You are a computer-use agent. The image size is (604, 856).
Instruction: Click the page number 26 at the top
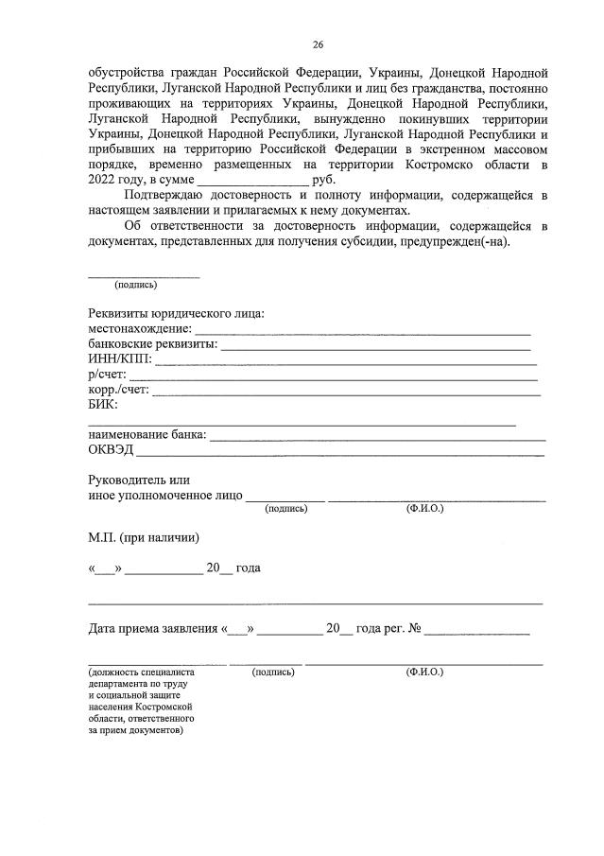coord(318,44)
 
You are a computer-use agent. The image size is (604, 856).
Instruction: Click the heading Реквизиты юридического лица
coord(176,313)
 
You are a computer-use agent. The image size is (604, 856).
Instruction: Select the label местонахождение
coord(140,329)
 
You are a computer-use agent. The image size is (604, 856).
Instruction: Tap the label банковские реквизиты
coord(152,344)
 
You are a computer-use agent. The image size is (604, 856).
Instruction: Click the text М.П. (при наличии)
coord(144,537)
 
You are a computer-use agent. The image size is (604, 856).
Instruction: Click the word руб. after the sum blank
coord(322,180)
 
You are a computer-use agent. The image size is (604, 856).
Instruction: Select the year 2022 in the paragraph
coord(102,180)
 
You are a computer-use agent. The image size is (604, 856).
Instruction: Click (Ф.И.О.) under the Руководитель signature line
coord(424,508)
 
